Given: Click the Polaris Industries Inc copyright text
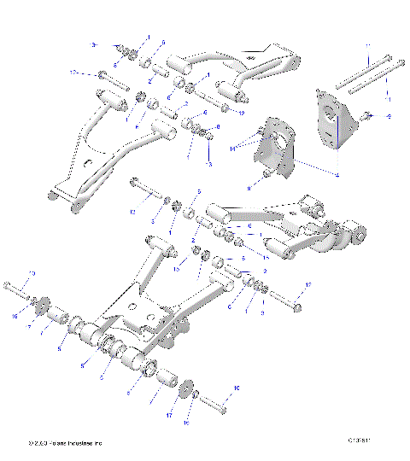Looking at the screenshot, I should click(x=65, y=443).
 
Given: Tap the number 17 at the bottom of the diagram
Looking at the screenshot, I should click(x=170, y=415).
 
